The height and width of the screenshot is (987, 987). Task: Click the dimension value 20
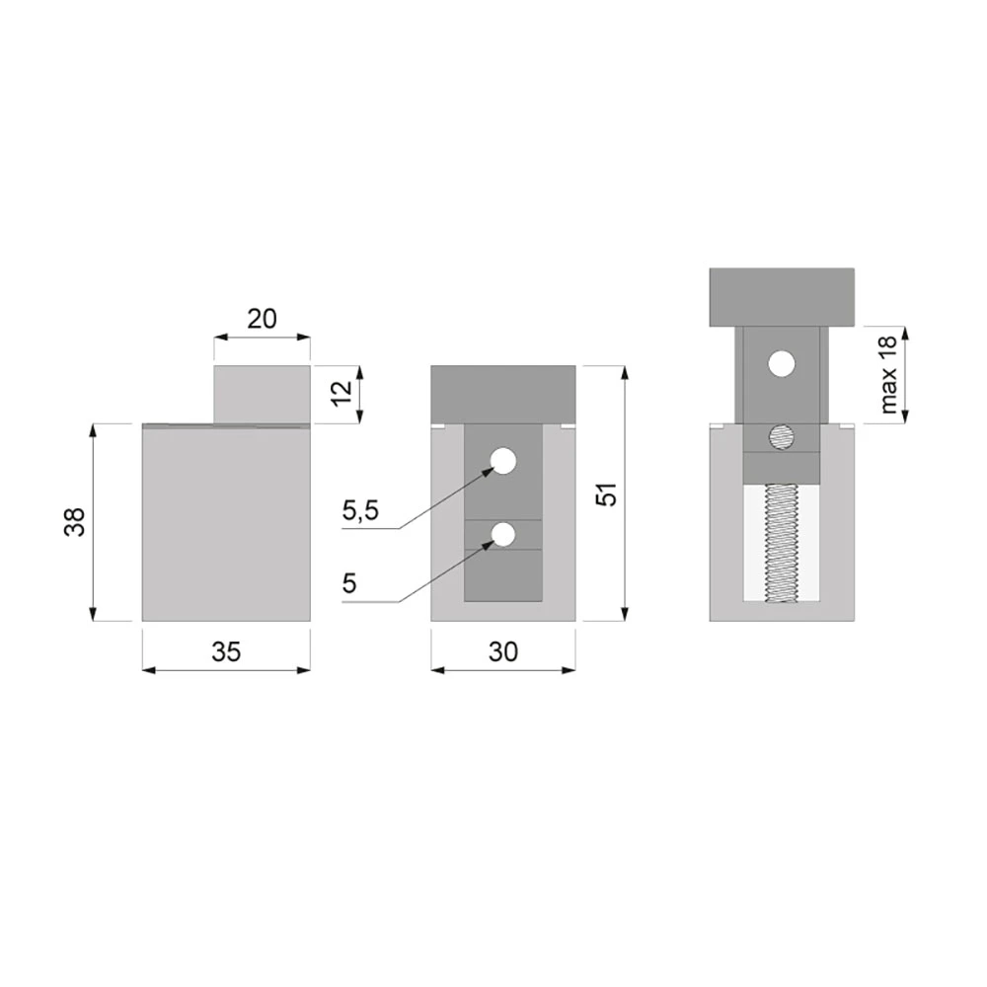262,319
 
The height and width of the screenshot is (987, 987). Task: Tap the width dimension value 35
226,651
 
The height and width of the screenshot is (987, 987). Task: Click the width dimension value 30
503,651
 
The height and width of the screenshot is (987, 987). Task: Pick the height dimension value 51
607,494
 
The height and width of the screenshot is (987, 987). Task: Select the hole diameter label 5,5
360,510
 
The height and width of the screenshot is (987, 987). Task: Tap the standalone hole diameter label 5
349,583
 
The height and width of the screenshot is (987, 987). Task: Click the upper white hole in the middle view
503,461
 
